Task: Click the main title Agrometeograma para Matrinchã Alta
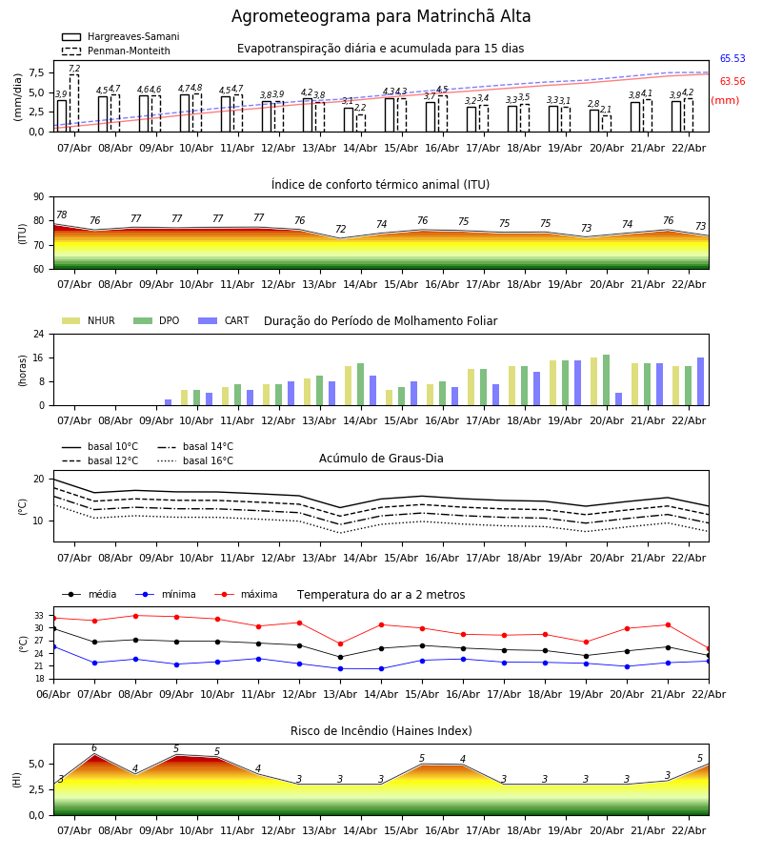[381, 17]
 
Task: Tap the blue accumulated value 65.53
[732, 59]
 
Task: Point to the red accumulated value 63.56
[732, 82]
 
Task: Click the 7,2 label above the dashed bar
[74, 70]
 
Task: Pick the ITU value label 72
[340, 230]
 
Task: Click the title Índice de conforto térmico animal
[380, 185]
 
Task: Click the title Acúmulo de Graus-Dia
[381, 459]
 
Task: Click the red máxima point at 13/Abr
[340, 643]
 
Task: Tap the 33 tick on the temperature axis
[38, 616]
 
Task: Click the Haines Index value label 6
[94, 748]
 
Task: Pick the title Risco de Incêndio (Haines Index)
[381, 731]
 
